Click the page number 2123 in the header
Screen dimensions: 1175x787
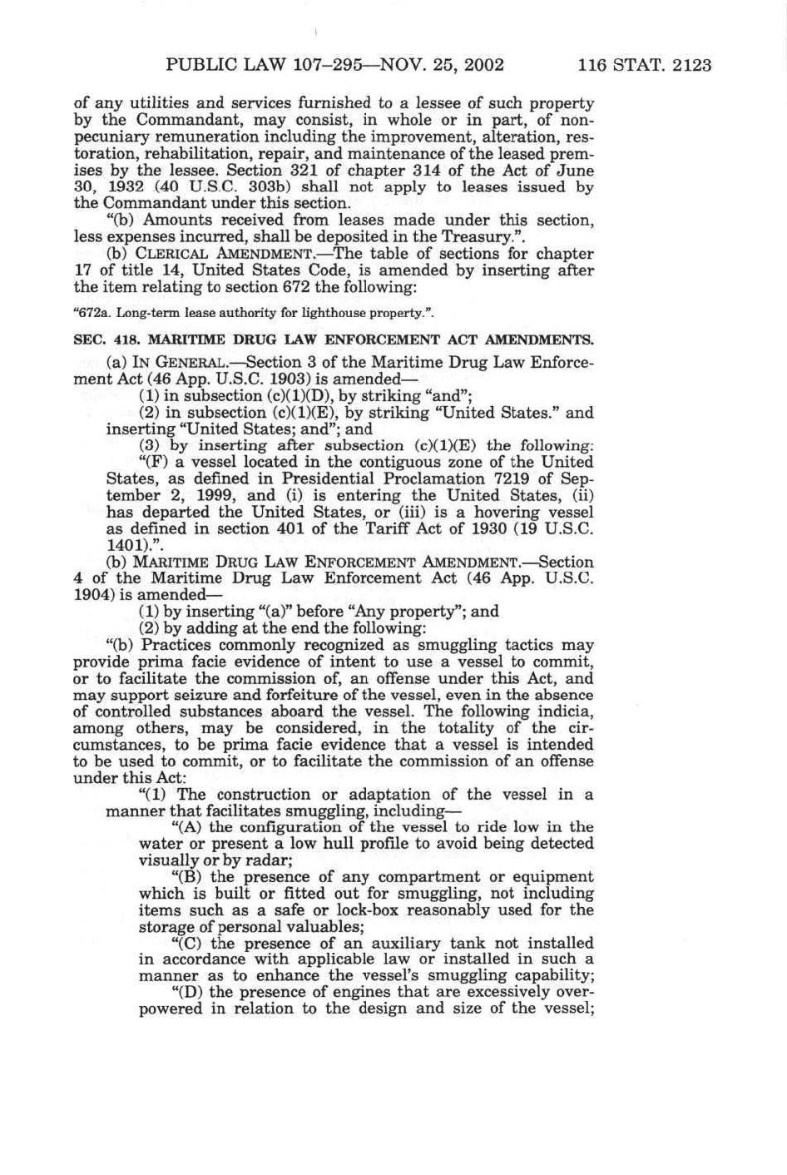686,65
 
